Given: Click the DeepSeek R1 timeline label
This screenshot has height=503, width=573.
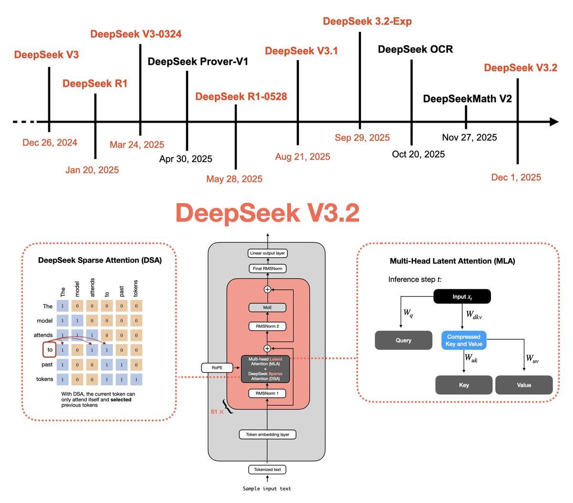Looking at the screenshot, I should [x=95, y=84].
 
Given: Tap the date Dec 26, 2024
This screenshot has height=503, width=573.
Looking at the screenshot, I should [x=50, y=142].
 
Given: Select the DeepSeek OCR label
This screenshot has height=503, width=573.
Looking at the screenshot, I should [x=415, y=49].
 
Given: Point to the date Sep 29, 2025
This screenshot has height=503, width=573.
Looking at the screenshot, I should [x=362, y=137].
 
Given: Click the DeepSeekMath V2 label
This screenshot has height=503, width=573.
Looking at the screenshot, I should [x=467, y=99].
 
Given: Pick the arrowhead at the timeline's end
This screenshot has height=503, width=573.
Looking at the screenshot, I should [x=554, y=122].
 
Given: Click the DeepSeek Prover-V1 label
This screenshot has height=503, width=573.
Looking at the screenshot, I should [x=198, y=62].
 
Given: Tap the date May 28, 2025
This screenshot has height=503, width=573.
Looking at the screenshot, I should [x=234, y=179].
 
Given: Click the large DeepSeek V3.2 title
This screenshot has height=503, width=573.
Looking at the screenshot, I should [x=267, y=213].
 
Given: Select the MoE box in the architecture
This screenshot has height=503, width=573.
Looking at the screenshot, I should [x=267, y=308].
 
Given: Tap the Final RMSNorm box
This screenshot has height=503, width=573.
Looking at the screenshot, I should [x=267, y=269].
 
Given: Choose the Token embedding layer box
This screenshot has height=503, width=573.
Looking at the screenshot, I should [x=267, y=434].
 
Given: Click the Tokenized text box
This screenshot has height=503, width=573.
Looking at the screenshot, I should [x=267, y=470].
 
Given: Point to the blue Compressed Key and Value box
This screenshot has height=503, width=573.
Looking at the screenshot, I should [x=464, y=340].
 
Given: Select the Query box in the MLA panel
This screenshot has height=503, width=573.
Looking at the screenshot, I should [x=403, y=340].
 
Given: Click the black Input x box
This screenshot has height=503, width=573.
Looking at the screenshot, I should [x=462, y=297].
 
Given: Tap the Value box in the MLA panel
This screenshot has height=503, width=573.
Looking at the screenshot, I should [x=524, y=385].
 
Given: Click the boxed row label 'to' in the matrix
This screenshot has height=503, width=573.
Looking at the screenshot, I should [x=50, y=350].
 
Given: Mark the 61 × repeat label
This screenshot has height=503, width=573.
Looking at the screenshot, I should [x=217, y=411].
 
